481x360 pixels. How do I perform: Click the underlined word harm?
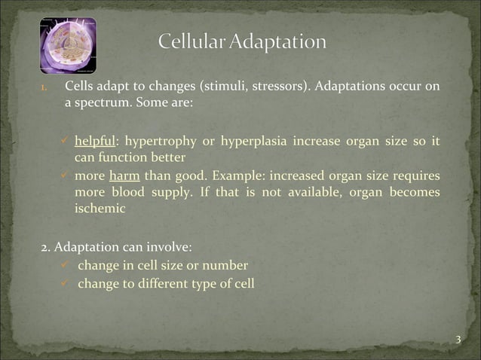point(121,175)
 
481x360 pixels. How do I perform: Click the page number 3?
point(458,340)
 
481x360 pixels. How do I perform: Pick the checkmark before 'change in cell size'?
point(66,265)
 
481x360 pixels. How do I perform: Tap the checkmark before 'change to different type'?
point(66,284)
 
